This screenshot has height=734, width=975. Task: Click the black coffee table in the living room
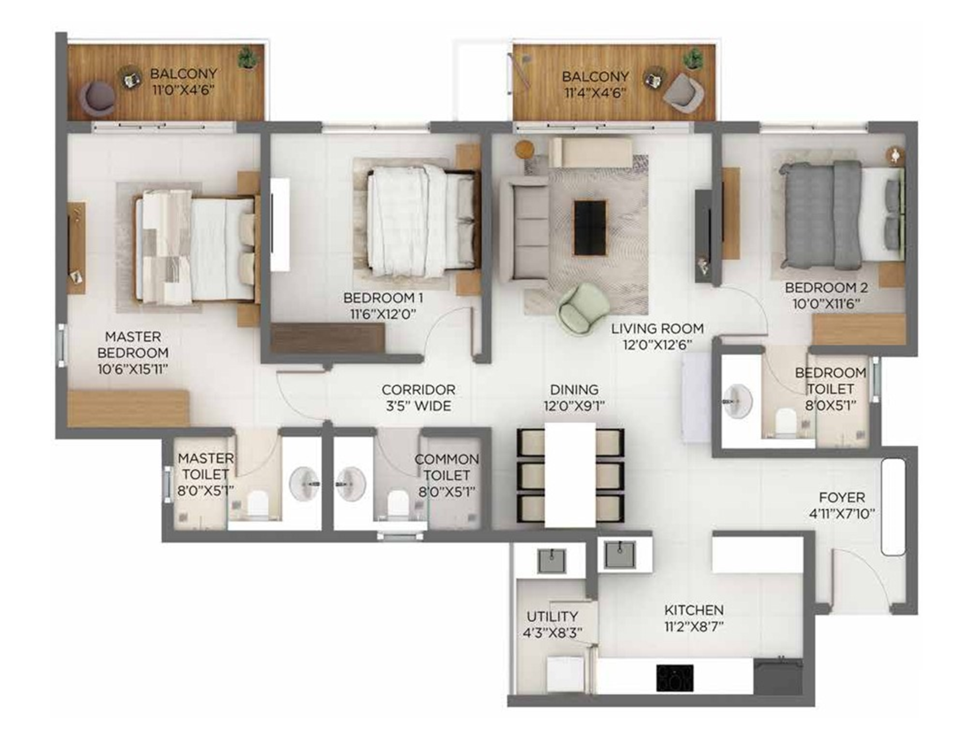[590, 228]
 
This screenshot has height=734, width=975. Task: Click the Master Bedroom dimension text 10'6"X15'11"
[133, 369]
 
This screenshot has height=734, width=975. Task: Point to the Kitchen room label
[694, 610]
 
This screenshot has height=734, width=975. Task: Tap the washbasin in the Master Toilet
[304, 484]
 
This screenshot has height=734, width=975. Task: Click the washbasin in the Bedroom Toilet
[737, 402]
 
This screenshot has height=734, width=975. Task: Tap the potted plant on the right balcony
[693, 59]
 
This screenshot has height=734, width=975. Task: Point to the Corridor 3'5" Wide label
[418, 398]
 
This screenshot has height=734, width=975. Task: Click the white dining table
[570, 475]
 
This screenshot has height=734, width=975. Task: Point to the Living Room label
[657, 328]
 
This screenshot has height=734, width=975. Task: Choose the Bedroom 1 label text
[383, 298]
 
